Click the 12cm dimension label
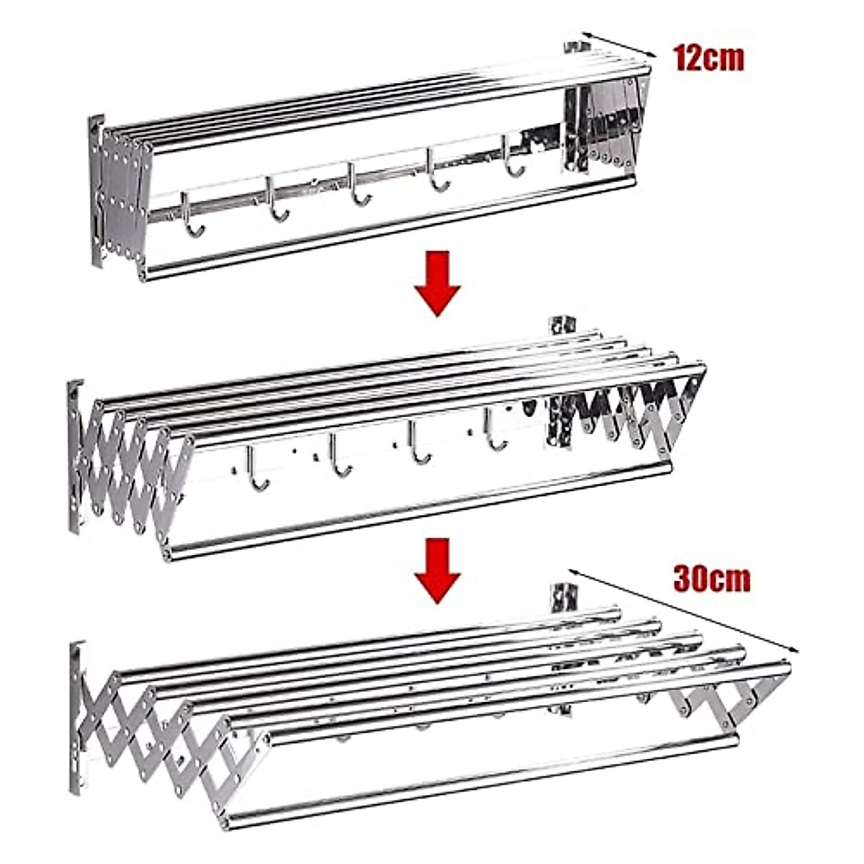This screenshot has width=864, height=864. [x=708, y=58]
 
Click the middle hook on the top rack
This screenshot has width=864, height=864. [x=357, y=188]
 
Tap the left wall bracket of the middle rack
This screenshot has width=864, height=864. [x=75, y=456]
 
